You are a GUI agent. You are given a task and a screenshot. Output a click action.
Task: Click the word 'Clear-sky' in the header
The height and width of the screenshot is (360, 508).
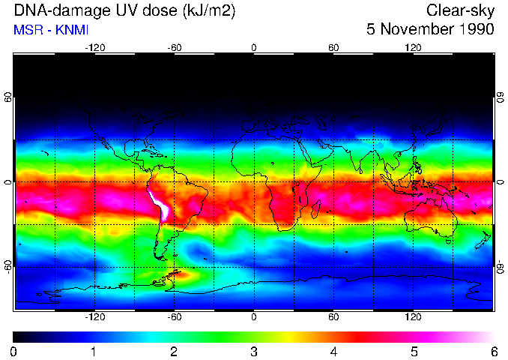pyautogui.click(x=460, y=10)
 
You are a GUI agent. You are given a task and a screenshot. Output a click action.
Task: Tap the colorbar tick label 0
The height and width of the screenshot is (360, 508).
pyautogui.click(x=14, y=351)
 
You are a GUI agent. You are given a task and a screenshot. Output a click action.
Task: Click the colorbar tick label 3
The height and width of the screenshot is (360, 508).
pyautogui.click(x=254, y=351)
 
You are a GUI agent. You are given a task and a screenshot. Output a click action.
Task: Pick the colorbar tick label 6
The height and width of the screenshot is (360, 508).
pyautogui.click(x=493, y=351)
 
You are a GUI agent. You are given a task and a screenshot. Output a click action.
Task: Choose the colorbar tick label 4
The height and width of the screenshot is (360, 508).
pyautogui.click(x=334, y=351)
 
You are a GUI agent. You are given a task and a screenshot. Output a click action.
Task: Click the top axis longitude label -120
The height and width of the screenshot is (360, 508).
pyautogui.click(x=94, y=47)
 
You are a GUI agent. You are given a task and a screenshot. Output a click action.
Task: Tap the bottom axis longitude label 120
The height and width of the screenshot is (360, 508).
pyautogui.click(x=414, y=317)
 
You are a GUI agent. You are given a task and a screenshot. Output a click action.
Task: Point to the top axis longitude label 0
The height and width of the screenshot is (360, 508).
pyautogui.click(x=254, y=47)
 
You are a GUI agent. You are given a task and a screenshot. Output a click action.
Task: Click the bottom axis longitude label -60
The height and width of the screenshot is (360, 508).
pyautogui.click(x=175, y=317)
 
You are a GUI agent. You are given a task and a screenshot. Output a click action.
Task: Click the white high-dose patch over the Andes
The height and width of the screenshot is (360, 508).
pyautogui.click(x=160, y=203)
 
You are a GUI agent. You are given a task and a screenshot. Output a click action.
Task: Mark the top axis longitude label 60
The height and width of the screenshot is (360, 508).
pyautogui.click(x=333, y=47)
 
